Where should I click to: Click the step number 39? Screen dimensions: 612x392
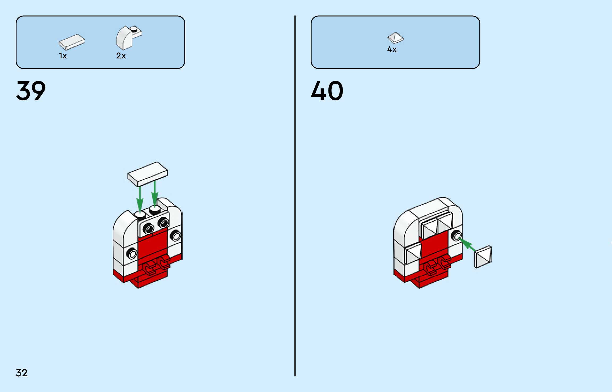(x=31, y=91)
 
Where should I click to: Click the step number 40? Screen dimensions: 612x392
(x=327, y=91)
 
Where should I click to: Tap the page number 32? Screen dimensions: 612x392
(x=22, y=373)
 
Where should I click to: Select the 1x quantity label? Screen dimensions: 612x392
(x=63, y=56)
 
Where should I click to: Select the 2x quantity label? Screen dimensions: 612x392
(x=121, y=56)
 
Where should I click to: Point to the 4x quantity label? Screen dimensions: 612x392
(x=392, y=49)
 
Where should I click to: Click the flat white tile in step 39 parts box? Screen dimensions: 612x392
(x=72, y=42)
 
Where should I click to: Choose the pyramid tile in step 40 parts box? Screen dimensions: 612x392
(x=395, y=38)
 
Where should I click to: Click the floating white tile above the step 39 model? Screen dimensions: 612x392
(x=147, y=174)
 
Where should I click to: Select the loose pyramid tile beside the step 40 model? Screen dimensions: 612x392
(x=483, y=257)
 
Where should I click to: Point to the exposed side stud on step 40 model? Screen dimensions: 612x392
(x=457, y=236)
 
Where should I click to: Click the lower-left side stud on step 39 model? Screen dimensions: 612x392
(x=132, y=253)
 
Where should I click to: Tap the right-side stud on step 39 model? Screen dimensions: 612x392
(x=175, y=236)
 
